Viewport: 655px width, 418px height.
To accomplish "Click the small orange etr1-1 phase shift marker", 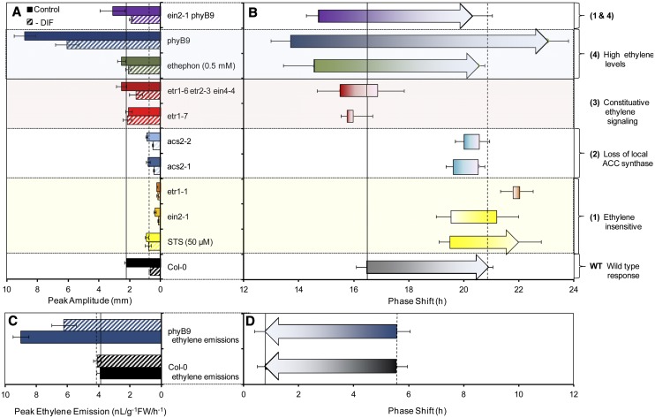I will [516, 192].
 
